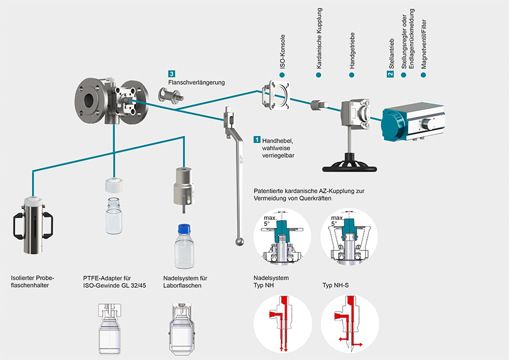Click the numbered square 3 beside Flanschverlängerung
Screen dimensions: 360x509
(x=171, y=74)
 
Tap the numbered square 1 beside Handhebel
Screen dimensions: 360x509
(x=257, y=138)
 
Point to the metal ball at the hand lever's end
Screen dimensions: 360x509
(x=240, y=242)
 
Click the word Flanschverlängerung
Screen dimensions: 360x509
(x=196, y=83)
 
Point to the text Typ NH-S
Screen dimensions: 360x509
(x=336, y=286)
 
